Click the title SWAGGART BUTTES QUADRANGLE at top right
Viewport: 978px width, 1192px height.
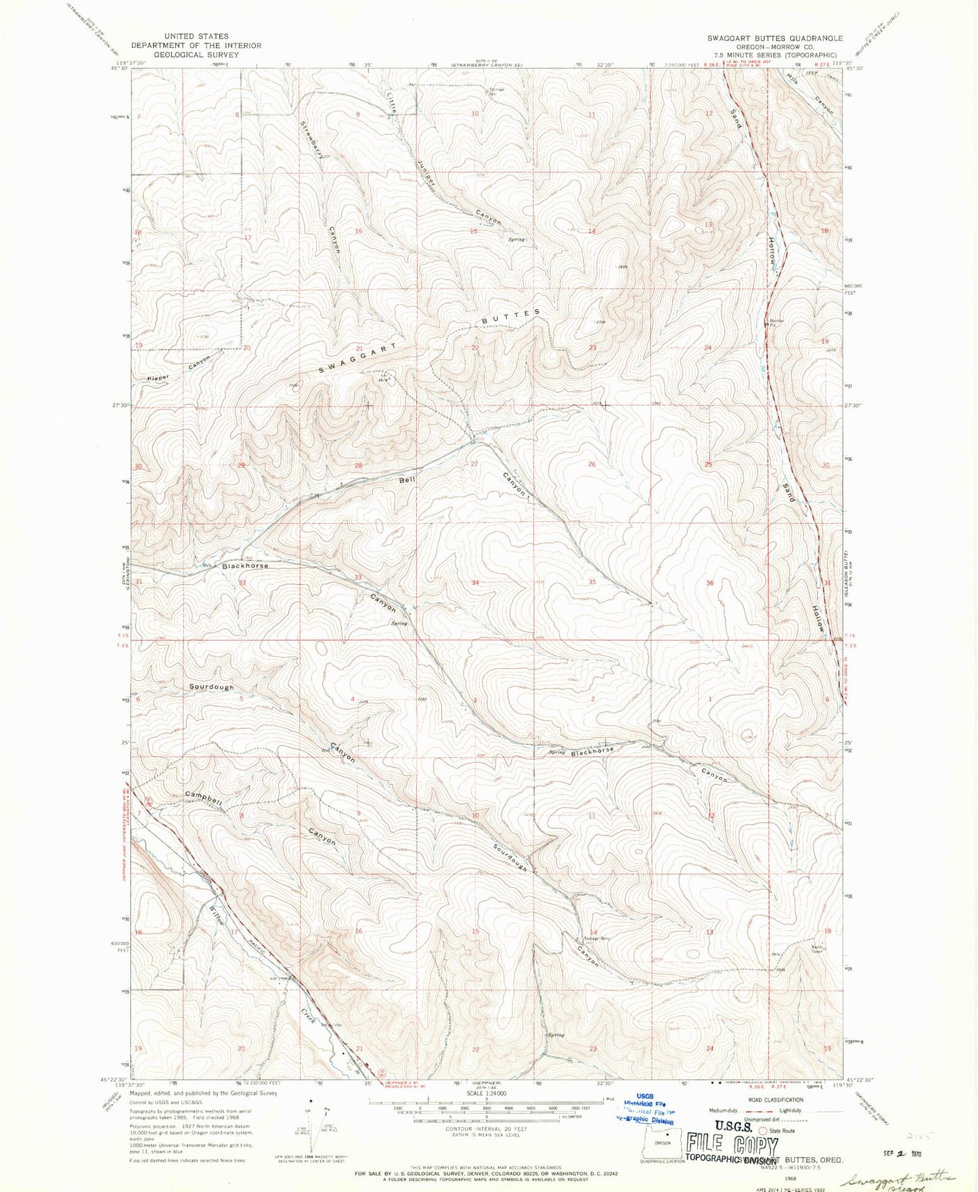774,38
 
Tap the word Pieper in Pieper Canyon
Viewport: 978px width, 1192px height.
158,378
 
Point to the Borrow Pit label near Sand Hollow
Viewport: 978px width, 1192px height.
776,322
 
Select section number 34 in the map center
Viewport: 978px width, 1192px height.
476,583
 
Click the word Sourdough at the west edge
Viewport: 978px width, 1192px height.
211,687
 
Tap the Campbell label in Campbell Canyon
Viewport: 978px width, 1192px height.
204,799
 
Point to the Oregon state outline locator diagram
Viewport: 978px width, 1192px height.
662,1143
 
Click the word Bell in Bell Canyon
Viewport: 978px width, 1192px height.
407,480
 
